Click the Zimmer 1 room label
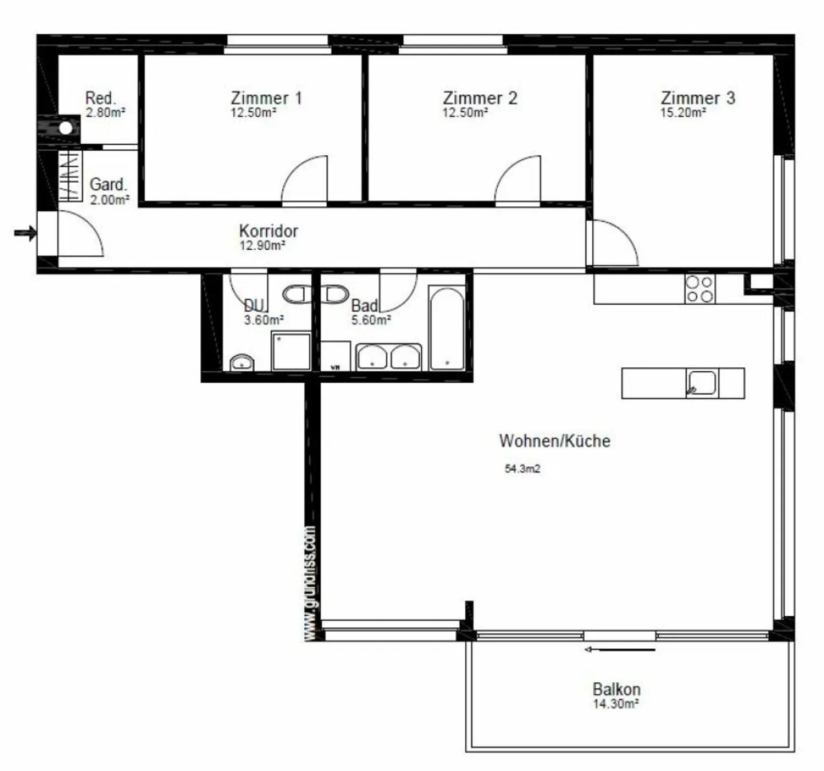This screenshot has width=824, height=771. coord(266,98)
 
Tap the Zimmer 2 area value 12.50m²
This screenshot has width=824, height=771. coord(465,113)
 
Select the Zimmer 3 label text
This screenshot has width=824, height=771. coord(698,98)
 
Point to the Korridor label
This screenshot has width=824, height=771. coord(268,231)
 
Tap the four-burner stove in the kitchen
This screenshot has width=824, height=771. coord(699,289)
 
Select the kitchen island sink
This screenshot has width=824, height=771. coord(702,383)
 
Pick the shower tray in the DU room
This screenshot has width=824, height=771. coord(291,351)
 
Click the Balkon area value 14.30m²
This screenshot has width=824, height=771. coord(616,704)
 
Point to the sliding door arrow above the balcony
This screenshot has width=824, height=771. coord(620,650)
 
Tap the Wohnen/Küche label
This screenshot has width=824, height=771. coord(554,440)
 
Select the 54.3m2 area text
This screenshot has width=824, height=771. coord(522,469)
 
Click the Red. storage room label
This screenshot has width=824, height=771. coord(101,98)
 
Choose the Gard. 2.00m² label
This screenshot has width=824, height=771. coord(109,191)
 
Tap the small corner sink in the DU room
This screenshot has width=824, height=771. coord(241,363)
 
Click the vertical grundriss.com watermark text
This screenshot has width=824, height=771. coord(310,583)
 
